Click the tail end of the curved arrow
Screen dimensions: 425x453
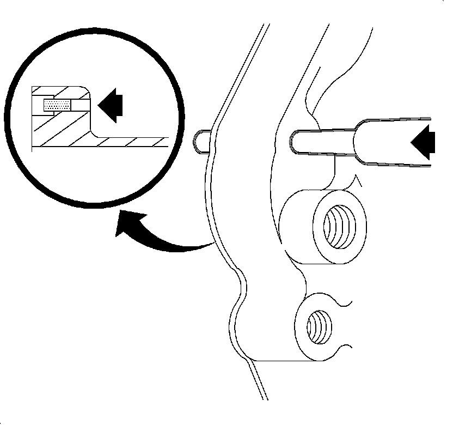click(210, 245)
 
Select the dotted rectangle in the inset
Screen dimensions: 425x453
click(57, 105)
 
